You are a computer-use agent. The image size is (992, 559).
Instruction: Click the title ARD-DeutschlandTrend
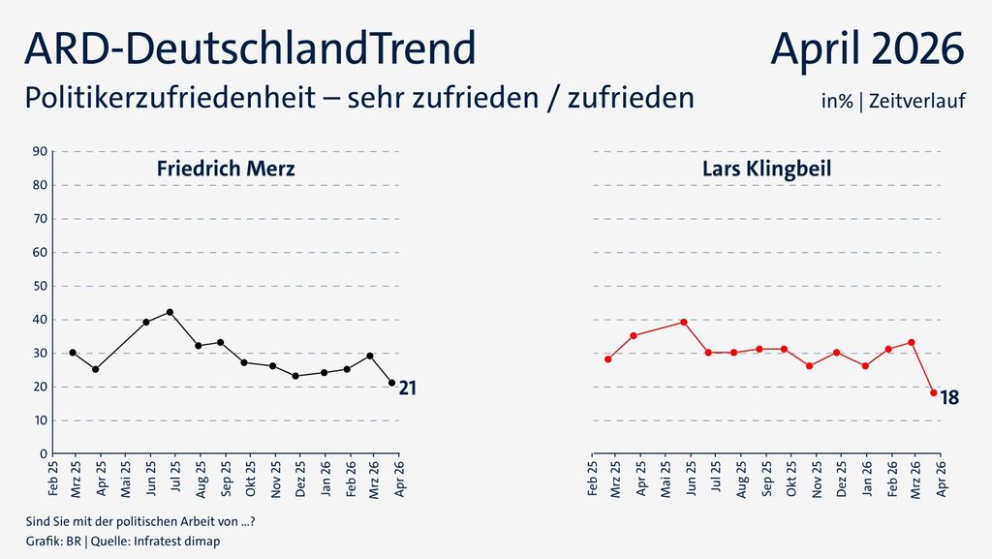click(x=249, y=48)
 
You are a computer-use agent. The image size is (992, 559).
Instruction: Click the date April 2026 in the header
click(x=867, y=48)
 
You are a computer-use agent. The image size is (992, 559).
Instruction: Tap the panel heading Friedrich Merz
click(x=226, y=169)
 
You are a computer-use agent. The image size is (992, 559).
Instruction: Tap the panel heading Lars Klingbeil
click(x=766, y=169)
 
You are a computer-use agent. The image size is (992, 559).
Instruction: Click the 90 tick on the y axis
click(x=42, y=151)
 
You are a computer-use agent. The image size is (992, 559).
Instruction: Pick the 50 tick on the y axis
click(x=42, y=286)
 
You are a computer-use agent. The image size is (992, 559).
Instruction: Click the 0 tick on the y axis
click(x=45, y=453)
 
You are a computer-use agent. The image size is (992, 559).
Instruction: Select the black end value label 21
click(x=408, y=388)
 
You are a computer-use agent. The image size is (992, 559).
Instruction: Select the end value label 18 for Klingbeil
click(x=949, y=398)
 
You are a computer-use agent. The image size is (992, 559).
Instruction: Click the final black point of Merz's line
click(x=391, y=383)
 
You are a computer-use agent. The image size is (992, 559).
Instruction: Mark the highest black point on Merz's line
click(x=170, y=312)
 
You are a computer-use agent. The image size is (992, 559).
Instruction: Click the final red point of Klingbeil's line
click(x=933, y=393)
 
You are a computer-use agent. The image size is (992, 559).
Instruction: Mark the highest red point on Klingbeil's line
click(x=684, y=322)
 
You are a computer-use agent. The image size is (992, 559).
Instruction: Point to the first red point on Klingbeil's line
click(x=607, y=358)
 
